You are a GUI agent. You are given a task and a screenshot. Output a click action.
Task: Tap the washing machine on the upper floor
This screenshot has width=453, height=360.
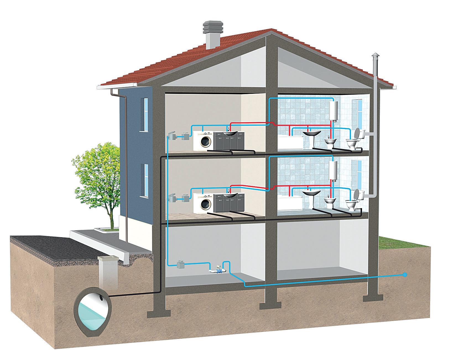[203, 140]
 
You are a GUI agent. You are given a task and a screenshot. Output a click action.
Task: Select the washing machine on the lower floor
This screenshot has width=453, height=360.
[203, 203]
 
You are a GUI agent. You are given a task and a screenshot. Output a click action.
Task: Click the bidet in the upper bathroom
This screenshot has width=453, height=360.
[329, 143]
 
